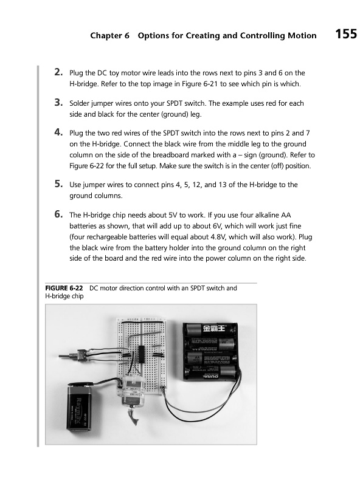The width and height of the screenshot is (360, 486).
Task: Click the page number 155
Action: pyautogui.click(x=346, y=34)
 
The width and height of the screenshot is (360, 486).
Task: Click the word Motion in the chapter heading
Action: pyautogui.click(x=302, y=36)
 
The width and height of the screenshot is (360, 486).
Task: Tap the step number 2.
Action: pyautogui.click(x=58, y=72)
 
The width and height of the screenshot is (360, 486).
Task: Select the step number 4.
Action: pyautogui.click(x=58, y=132)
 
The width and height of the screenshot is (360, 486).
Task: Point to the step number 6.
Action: pyautogui.click(x=58, y=214)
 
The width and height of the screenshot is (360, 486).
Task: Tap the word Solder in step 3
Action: pyautogui.click(x=80, y=103)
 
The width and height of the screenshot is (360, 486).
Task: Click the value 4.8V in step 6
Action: pyautogui.click(x=218, y=237)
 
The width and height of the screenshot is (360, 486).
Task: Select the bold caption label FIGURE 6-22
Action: pyautogui.click(x=64, y=288)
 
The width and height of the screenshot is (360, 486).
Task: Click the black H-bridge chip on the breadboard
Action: pyautogui.click(x=142, y=354)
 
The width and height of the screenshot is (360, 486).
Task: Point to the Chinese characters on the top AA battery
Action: pyautogui.click(x=215, y=328)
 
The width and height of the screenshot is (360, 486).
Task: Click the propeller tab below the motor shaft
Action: pyautogui.click(x=133, y=416)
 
